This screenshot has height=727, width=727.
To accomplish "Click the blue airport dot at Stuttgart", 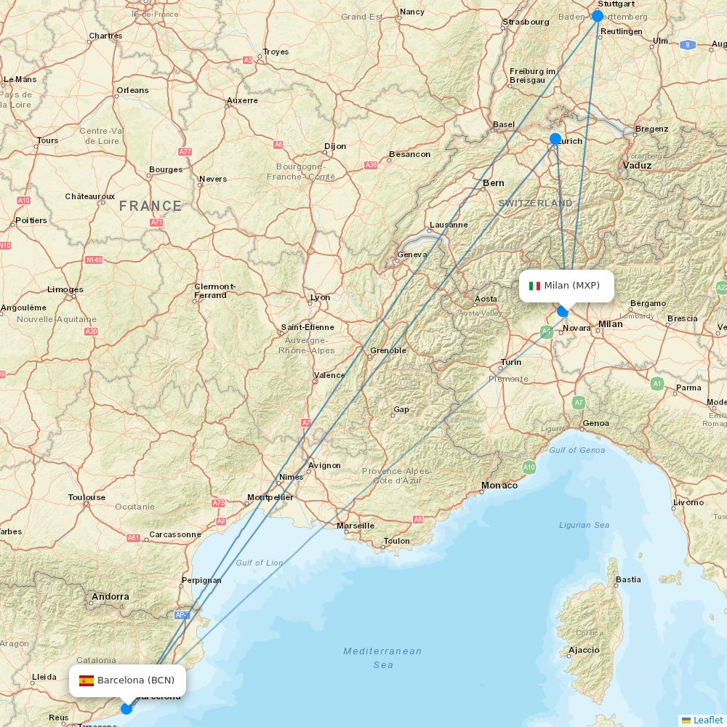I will (x=598, y=16).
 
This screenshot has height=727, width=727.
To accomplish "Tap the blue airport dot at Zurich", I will (x=555, y=139).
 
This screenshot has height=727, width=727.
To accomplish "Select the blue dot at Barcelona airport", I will (x=126, y=708).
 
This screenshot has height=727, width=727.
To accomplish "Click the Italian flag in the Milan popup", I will (x=534, y=286).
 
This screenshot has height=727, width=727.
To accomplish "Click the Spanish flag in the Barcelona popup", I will (x=87, y=680).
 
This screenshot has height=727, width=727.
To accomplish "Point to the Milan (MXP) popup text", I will (x=571, y=286).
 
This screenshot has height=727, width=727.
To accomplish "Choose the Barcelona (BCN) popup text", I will (x=136, y=680).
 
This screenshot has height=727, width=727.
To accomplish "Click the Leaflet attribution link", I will (x=707, y=720).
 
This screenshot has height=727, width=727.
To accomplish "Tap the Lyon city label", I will (x=320, y=297).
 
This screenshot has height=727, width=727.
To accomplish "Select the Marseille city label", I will (x=356, y=526).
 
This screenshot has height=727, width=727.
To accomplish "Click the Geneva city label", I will (x=412, y=254).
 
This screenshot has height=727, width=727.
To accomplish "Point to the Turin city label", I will (x=510, y=362).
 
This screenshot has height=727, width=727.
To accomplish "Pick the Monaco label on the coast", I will (x=499, y=485).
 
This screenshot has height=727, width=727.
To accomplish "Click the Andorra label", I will (x=110, y=597).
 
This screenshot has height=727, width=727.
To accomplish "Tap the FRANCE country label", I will (x=150, y=206).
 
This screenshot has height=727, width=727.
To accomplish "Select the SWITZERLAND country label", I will (x=535, y=204).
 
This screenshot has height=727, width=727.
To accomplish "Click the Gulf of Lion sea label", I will (x=260, y=563).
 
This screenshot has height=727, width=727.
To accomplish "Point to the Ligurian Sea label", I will (x=585, y=525).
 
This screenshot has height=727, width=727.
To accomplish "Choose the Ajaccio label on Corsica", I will (x=584, y=650).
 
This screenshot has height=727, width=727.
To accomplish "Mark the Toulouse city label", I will (x=87, y=498).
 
